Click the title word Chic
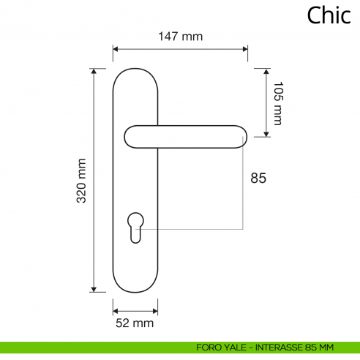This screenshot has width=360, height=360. (x=329, y=15)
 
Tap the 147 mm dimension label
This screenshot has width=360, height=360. (x=180, y=36)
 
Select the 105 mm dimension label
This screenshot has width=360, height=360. (x=277, y=103)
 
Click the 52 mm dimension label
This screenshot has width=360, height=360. (x=135, y=322)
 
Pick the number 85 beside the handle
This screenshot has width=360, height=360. (x=258, y=178)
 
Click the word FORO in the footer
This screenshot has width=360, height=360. (x=209, y=347)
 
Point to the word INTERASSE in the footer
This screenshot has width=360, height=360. (x=277, y=347)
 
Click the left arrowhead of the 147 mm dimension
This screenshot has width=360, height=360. (x=116, y=50)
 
